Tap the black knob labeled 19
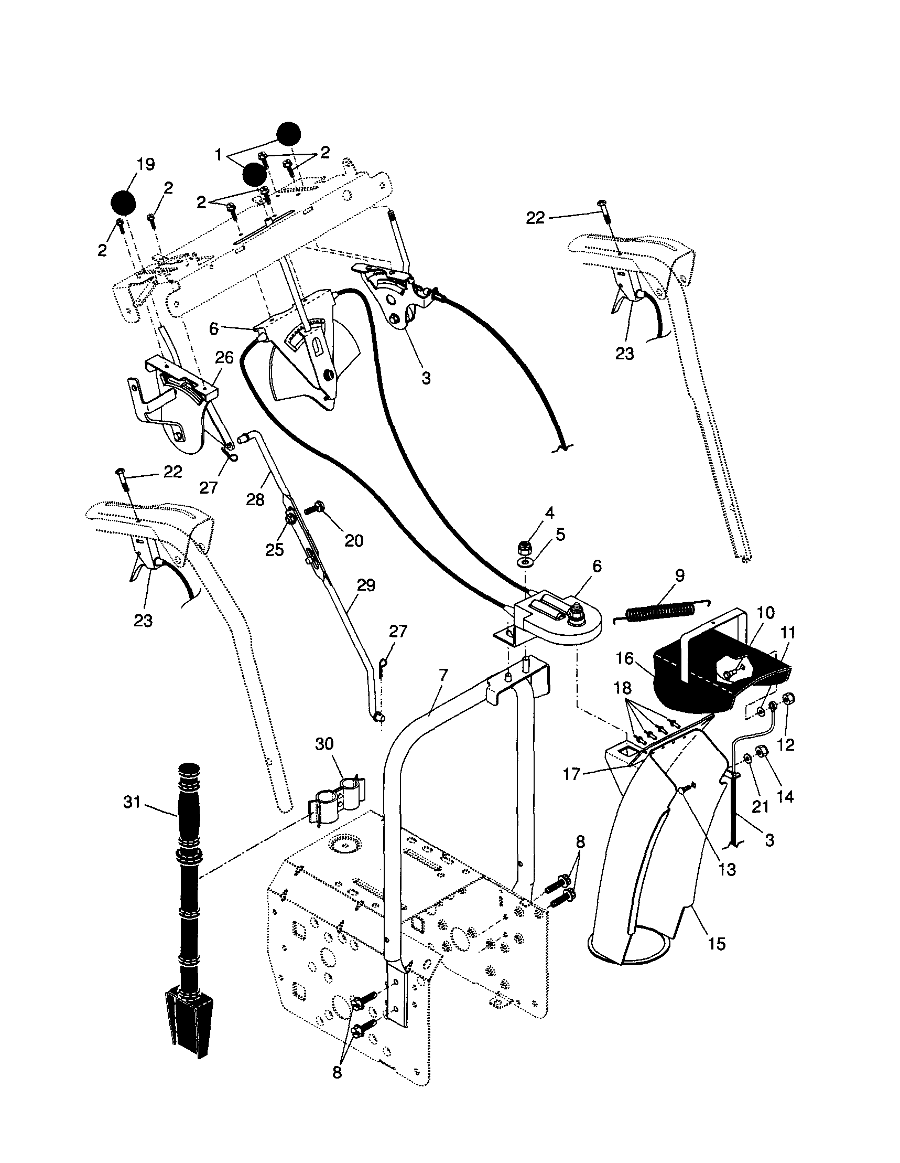[x=123, y=203]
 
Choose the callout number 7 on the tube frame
[x=443, y=676]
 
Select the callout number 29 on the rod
[x=366, y=585]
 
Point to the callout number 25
[x=275, y=550]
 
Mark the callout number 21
[x=760, y=806]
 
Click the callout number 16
[x=625, y=659]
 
